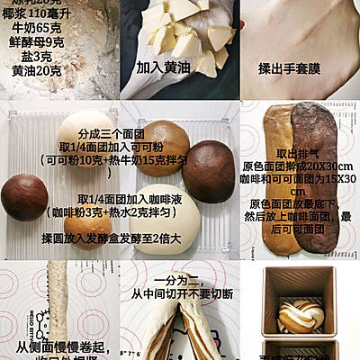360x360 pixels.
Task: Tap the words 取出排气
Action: pyautogui.click(x=300, y=153)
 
